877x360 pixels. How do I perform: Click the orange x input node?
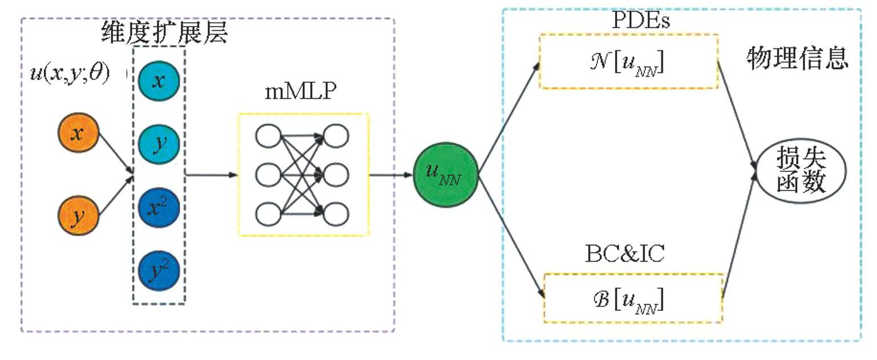(79, 134)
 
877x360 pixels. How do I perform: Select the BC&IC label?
(625, 254)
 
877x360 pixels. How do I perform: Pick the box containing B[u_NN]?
(633, 299)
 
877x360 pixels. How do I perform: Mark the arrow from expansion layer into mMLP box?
(211, 175)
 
